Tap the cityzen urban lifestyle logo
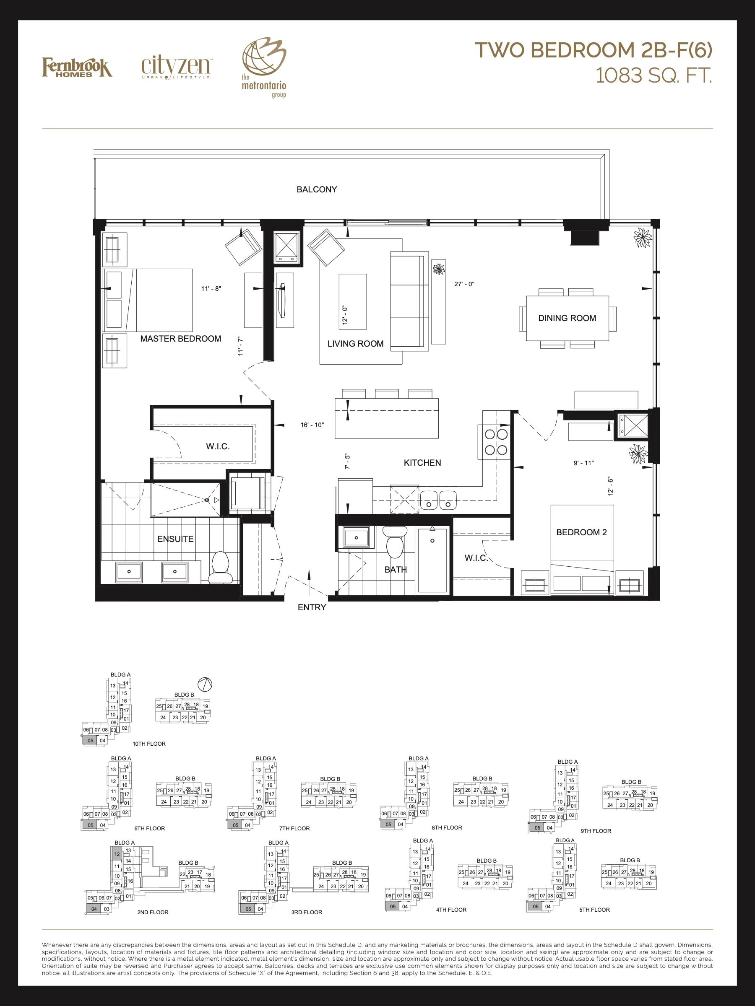(x=176, y=67)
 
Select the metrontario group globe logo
(x=264, y=68)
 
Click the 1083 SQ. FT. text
(x=653, y=75)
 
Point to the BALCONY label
(x=317, y=189)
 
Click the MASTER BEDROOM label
(x=181, y=338)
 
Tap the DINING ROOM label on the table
(x=567, y=318)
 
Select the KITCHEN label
(x=422, y=462)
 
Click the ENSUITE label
(x=175, y=539)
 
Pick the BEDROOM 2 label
(x=582, y=532)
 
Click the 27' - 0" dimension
(x=464, y=284)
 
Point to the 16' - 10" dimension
(x=312, y=425)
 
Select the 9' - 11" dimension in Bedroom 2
(x=583, y=463)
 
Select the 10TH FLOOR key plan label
(x=149, y=744)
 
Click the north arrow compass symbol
(x=205, y=684)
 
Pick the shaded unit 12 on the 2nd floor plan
(x=117, y=854)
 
